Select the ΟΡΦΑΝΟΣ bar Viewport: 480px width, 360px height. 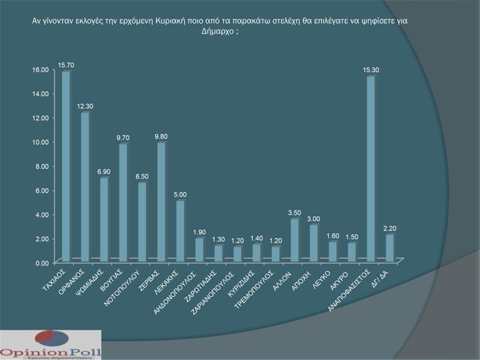[x=85, y=186]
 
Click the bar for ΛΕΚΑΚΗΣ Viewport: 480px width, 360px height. [x=179, y=230]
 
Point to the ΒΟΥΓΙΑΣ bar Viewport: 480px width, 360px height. [x=123, y=201]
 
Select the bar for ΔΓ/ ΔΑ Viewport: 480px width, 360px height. [x=389, y=247]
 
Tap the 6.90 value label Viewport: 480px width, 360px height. [x=105, y=172]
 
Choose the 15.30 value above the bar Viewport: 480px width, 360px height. [x=371, y=70]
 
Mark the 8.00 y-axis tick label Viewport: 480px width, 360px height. [x=42, y=166]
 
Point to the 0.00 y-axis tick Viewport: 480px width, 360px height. [x=42, y=263]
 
